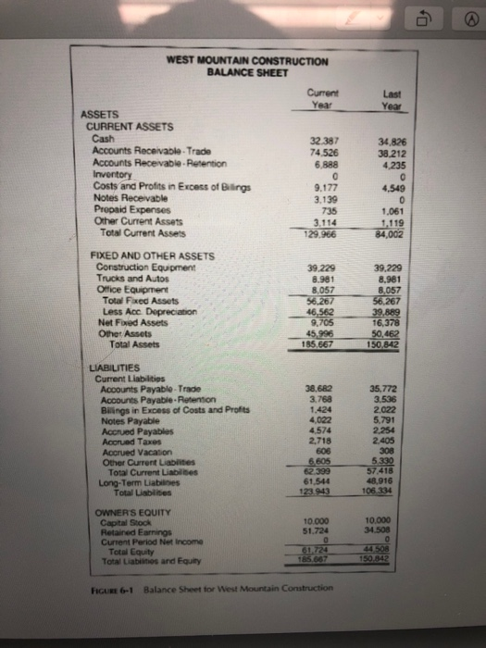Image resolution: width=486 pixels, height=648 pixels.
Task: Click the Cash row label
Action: (105, 135)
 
